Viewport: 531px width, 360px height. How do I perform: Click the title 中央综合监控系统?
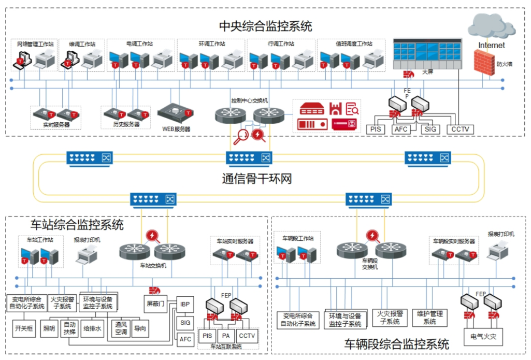[265, 25]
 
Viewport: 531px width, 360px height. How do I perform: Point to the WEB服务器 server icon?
[176, 111]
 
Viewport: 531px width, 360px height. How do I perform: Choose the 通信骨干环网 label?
[257, 179]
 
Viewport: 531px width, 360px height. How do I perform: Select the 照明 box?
[50, 328]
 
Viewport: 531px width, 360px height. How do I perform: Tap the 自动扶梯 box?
[70, 328]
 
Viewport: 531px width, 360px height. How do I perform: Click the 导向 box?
[140, 328]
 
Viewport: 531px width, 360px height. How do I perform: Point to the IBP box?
[185, 304]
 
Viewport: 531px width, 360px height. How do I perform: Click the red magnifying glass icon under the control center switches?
[241, 136]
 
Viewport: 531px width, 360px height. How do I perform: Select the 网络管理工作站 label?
[32, 44]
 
